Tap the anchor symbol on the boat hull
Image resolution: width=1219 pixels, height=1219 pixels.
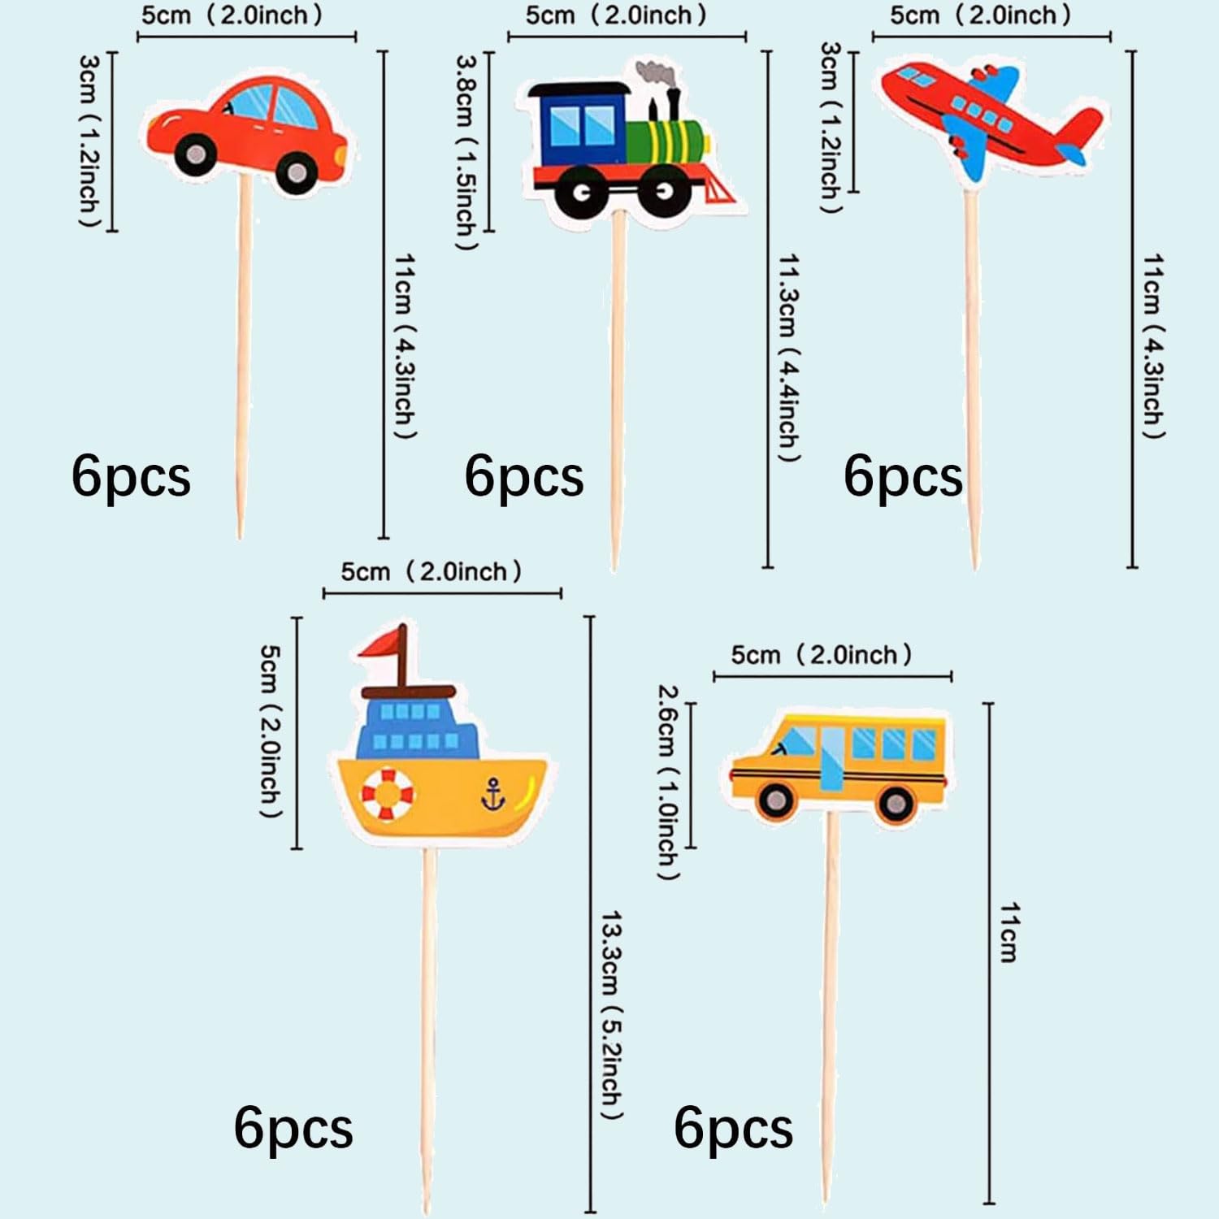(x=492, y=794)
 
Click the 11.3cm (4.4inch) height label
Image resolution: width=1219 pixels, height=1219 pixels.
(x=789, y=358)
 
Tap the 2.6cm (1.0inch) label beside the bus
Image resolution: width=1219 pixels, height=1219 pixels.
(x=667, y=782)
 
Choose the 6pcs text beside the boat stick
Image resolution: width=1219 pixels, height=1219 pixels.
(x=293, y=1129)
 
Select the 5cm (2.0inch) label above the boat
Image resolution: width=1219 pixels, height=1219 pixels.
(x=431, y=571)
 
